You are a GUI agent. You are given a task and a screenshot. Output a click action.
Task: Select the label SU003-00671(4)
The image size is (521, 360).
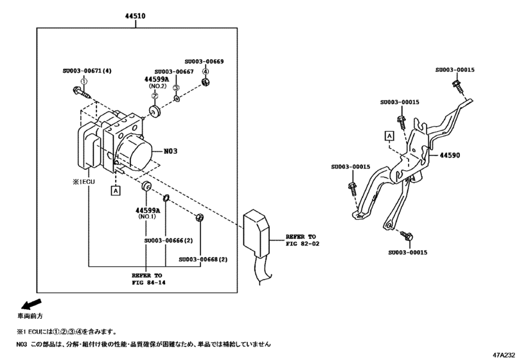point(87,70)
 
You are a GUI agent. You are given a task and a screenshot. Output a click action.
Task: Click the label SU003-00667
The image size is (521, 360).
point(174,72)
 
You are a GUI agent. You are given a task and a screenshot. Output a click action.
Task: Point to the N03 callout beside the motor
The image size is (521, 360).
point(170,151)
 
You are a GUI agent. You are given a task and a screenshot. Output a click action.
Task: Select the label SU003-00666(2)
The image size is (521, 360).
point(169,241)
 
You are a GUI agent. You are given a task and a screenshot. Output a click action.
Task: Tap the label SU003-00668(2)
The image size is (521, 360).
point(203,260)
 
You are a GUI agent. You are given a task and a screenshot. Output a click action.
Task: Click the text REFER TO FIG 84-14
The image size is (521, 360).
point(146,278)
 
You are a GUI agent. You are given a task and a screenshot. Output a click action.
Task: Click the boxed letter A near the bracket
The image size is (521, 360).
point(389,134)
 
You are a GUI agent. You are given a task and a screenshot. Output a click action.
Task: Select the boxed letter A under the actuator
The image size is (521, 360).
point(115,191)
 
